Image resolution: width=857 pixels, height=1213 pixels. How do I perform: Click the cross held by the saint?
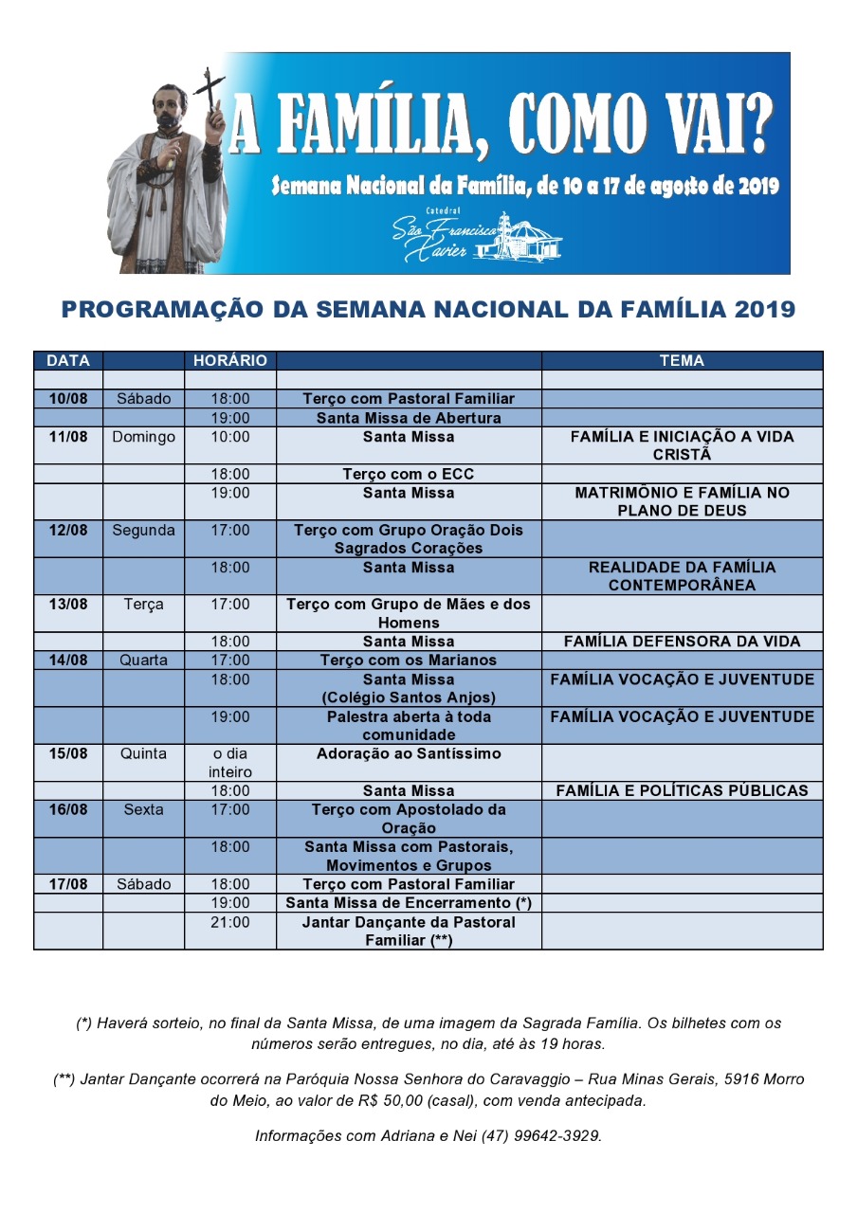coord(210,95)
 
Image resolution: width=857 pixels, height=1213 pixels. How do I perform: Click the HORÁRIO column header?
coord(230,361)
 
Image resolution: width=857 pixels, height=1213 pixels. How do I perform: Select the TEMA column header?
coord(683,361)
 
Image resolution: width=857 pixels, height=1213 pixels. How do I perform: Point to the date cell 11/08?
coord(68,437)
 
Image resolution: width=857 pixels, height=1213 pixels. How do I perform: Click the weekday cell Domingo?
coord(143,437)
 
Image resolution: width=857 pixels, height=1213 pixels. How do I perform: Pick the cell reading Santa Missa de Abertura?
coord(409,418)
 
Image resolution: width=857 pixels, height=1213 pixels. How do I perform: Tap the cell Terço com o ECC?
coord(409,474)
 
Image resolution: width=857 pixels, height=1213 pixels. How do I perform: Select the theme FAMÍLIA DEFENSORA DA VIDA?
coord(683,642)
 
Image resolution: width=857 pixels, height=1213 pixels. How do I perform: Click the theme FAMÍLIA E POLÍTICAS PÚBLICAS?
coord(683,790)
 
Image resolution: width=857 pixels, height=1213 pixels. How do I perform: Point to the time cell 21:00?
coord(230,922)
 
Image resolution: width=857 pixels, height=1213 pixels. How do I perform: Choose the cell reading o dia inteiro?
coord(230,763)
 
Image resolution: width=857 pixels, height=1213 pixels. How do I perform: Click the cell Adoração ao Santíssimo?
coord(409,754)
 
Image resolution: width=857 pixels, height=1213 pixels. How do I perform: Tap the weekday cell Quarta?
coord(143,661)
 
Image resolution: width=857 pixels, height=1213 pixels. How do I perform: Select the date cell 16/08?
coord(68,810)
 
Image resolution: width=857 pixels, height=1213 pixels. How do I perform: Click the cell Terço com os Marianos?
coord(409,661)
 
